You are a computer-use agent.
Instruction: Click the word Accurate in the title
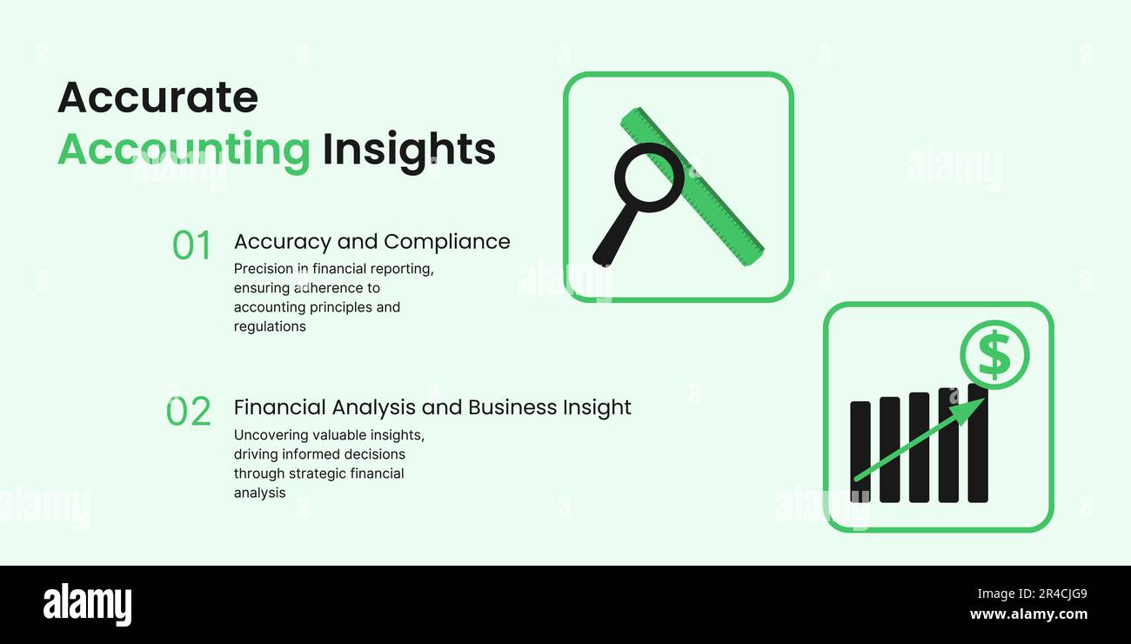pyautogui.click(x=157, y=97)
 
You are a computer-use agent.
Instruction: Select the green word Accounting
pyautogui.click(x=184, y=150)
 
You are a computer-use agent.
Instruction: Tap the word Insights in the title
pyautogui.click(x=408, y=150)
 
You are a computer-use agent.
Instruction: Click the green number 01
pyautogui.click(x=191, y=246)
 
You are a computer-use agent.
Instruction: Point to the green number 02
pyautogui.click(x=189, y=412)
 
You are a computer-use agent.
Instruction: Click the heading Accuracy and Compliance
pyautogui.click(x=371, y=241)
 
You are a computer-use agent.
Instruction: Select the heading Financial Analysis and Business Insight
pyautogui.click(x=432, y=407)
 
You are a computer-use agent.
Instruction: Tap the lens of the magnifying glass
pyautogui.click(x=648, y=178)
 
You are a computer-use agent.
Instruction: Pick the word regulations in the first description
pyautogui.click(x=270, y=327)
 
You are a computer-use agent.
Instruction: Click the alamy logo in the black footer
pyautogui.click(x=87, y=606)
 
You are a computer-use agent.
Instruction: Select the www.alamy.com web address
pyautogui.click(x=1028, y=614)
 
